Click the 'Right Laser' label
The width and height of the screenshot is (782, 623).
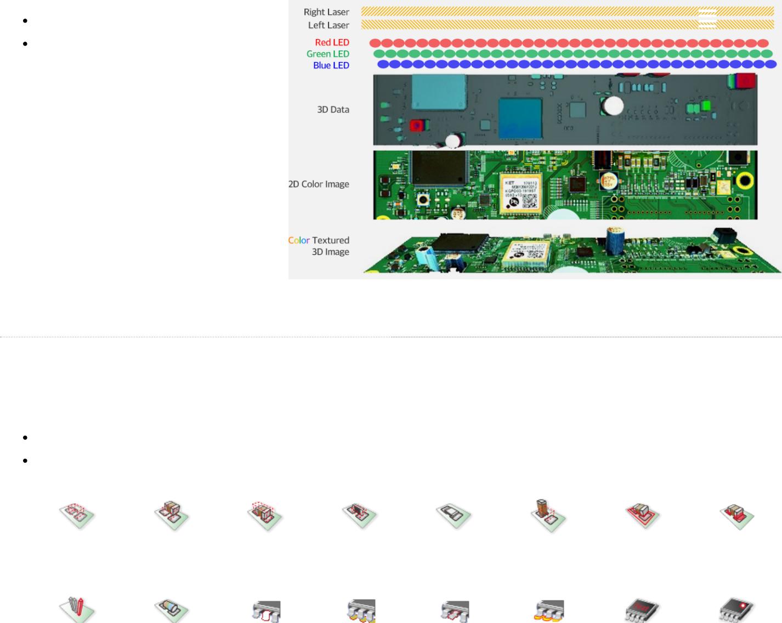coord(326,12)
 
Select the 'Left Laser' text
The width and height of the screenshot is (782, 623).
coord(328,25)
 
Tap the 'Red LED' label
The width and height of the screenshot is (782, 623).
coord(332,42)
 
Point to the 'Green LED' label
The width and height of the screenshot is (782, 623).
coord(327,54)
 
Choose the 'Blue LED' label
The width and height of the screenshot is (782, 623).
coord(331,65)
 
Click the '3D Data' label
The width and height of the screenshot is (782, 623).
coord(333,110)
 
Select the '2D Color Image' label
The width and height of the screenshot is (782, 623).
coord(319,184)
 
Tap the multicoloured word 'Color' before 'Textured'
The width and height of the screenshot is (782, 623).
coord(299,240)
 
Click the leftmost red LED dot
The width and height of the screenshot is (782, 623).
coord(375,43)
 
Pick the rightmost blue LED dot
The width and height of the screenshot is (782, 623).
coord(770,64)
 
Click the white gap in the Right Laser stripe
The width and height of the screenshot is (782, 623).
coord(707,12)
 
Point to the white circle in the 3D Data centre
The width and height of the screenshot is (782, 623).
coord(614,105)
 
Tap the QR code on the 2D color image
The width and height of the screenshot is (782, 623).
coord(529,201)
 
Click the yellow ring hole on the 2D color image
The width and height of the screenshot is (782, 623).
coord(745,180)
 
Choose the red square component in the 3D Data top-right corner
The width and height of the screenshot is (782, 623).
coord(745,81)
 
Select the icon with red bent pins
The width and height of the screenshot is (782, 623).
coord(77,607)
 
